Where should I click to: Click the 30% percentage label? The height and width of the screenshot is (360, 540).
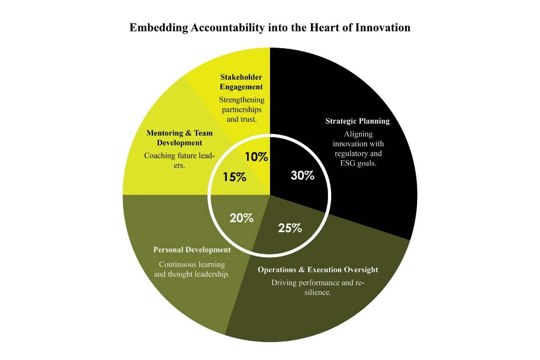302,176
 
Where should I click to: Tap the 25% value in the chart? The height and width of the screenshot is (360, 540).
290,228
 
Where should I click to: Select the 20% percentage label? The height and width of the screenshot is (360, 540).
241,218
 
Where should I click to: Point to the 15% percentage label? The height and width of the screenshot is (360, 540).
234,177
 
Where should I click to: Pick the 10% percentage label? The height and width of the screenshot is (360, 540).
256,157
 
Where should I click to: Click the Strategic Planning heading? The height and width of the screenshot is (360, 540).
357,121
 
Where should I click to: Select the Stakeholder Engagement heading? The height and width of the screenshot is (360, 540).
241,82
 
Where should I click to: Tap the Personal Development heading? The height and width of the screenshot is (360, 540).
192,250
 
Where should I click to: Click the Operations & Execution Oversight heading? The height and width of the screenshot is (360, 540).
318,270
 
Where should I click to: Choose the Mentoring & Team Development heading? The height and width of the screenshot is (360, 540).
180,138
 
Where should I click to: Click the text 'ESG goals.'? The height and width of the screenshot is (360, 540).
358,164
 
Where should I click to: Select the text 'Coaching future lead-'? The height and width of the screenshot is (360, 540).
179,156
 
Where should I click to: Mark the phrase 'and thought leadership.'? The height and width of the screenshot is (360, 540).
192,274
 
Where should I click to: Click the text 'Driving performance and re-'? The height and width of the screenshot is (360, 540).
317,283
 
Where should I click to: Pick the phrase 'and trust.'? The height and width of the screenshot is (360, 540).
241,119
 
